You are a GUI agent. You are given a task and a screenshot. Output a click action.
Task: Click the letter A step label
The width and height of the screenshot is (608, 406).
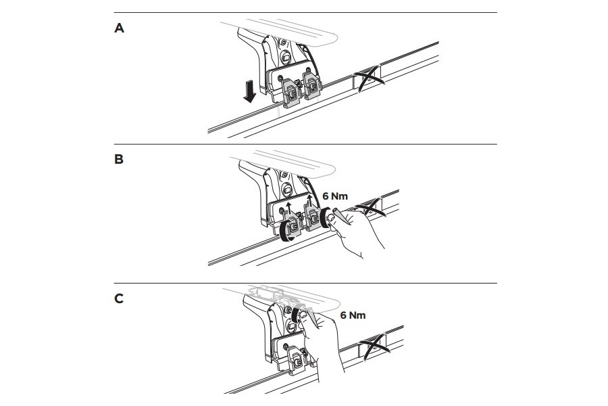tap(120, 28)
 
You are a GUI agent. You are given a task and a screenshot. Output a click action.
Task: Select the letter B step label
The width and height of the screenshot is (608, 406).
tap(120, 162)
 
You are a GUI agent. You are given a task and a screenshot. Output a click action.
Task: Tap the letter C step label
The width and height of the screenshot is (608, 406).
tap(120, 298)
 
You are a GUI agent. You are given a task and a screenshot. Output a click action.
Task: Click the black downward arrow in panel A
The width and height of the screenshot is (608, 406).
tap(250, 91)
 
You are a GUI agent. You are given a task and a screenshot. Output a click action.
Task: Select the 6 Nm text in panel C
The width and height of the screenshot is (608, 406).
tap(352, 315)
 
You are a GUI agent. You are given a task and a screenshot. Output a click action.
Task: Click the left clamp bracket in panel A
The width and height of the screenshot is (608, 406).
tap(290, 91)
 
